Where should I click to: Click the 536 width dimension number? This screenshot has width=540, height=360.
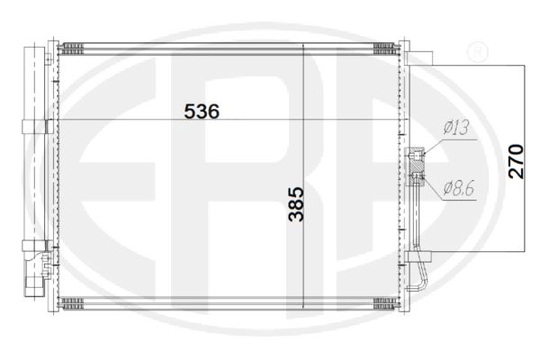[x=202, y=112]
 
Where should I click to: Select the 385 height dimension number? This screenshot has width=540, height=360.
[x=296, y=204]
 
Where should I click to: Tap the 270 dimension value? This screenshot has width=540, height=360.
[x=516, y=161]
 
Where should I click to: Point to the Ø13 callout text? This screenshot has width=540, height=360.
[x=456, y=128]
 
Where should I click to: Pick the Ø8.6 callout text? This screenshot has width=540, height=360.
[x=459, y=188]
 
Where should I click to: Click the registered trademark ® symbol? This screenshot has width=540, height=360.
[x=477, y=51]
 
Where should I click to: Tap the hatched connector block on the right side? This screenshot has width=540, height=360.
[x=416, y=166]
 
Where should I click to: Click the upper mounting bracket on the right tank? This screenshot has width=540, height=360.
[x=419, y=58]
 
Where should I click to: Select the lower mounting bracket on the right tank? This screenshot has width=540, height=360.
[x=418, y=256]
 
